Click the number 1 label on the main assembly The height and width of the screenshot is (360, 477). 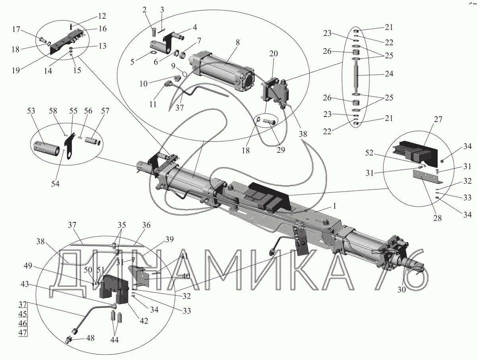point(335,206)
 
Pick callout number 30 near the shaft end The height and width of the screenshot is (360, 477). point(401,289)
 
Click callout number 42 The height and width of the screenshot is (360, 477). point(144,321)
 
